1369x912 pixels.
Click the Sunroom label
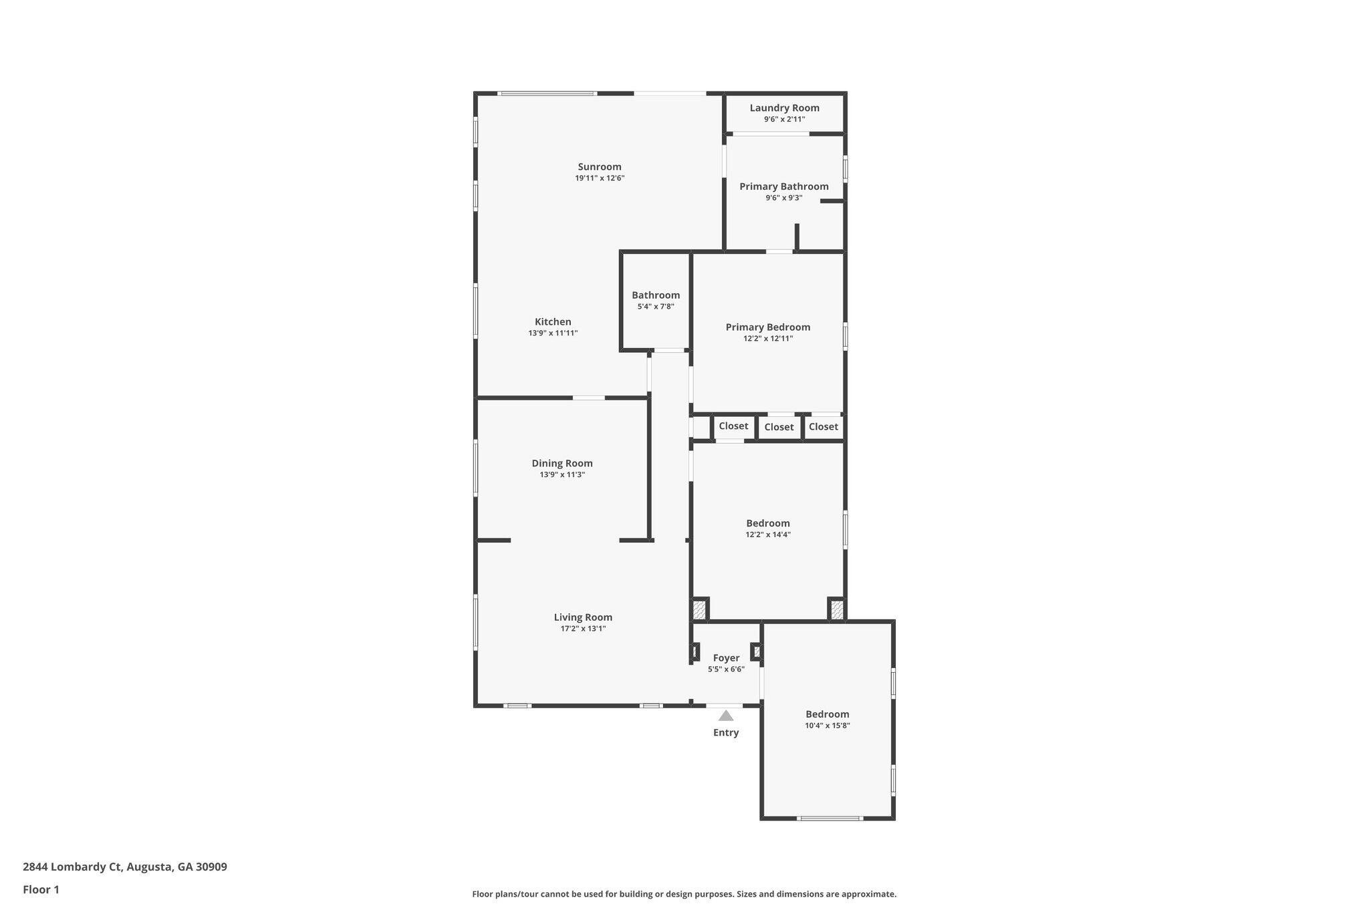(x=600, y=167)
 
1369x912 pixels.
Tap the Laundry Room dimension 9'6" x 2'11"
(x=784, y=120)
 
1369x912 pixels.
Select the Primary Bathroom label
(x=783, y=186)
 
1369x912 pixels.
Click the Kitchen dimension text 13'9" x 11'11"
(x=553, y=333)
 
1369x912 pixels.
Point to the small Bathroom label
(x=656, y=295)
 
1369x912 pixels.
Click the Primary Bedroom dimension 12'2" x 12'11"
(x=768, y=339)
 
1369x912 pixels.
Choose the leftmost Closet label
(x=733, y=426)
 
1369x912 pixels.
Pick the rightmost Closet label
(x=823, y=427)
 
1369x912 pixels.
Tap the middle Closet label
(x=779, y=427)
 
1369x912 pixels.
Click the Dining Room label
(x=562, y=463)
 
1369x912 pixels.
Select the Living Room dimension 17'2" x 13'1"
(x=583, y=629)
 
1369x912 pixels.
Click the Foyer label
(x=726, y=658)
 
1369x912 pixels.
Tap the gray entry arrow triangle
(x=726, y=716)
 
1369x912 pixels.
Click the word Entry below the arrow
(x=726, y=733)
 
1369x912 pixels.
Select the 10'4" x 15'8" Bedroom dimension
(x=827, y=726)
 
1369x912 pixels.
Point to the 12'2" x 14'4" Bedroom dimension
(x=768, y=535)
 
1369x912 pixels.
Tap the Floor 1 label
(x=41, y=890)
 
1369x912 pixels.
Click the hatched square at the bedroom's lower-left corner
(x=699, y=609)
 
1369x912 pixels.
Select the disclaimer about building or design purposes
(x=684, y=894)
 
